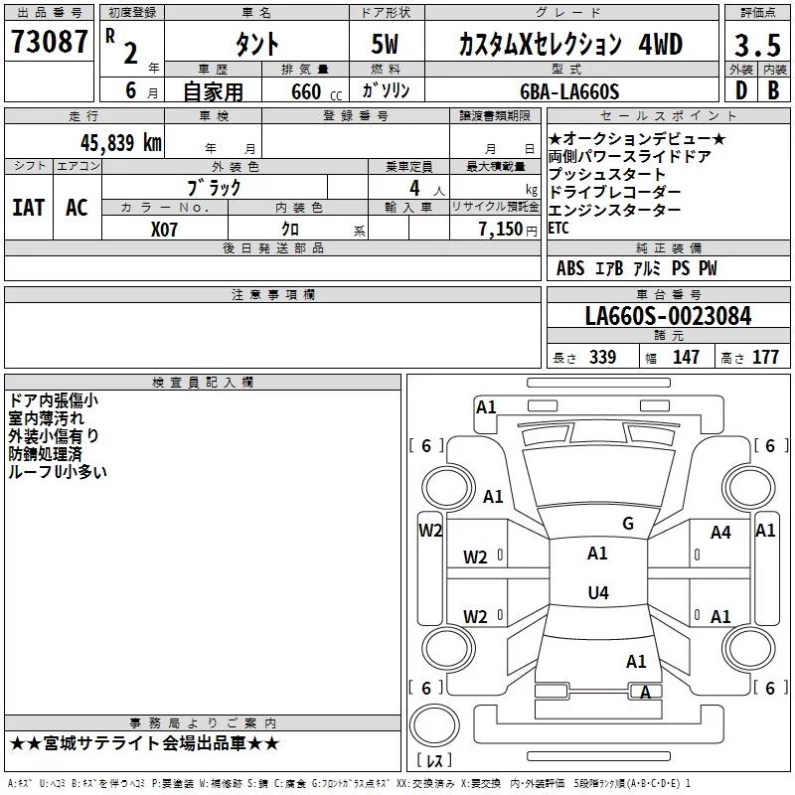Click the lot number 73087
[x=50, y=42]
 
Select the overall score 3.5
[x=757, y=46]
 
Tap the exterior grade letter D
[x=740, y=89]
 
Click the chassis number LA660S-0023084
[x=668, y=316]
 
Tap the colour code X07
[x=165, y=230]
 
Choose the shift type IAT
[x=28, y=208]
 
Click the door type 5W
[x=388, y=45]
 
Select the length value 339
[x=602, y=358]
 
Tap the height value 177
[x=765, y=358]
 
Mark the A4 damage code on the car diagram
[x=720, y=533]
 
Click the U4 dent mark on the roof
[x=597, y=593]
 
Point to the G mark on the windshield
[x=627, y=524]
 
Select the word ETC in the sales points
[x=558, y=229]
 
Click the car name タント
[x=256, y=45]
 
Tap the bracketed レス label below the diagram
[x=434, y=760]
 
